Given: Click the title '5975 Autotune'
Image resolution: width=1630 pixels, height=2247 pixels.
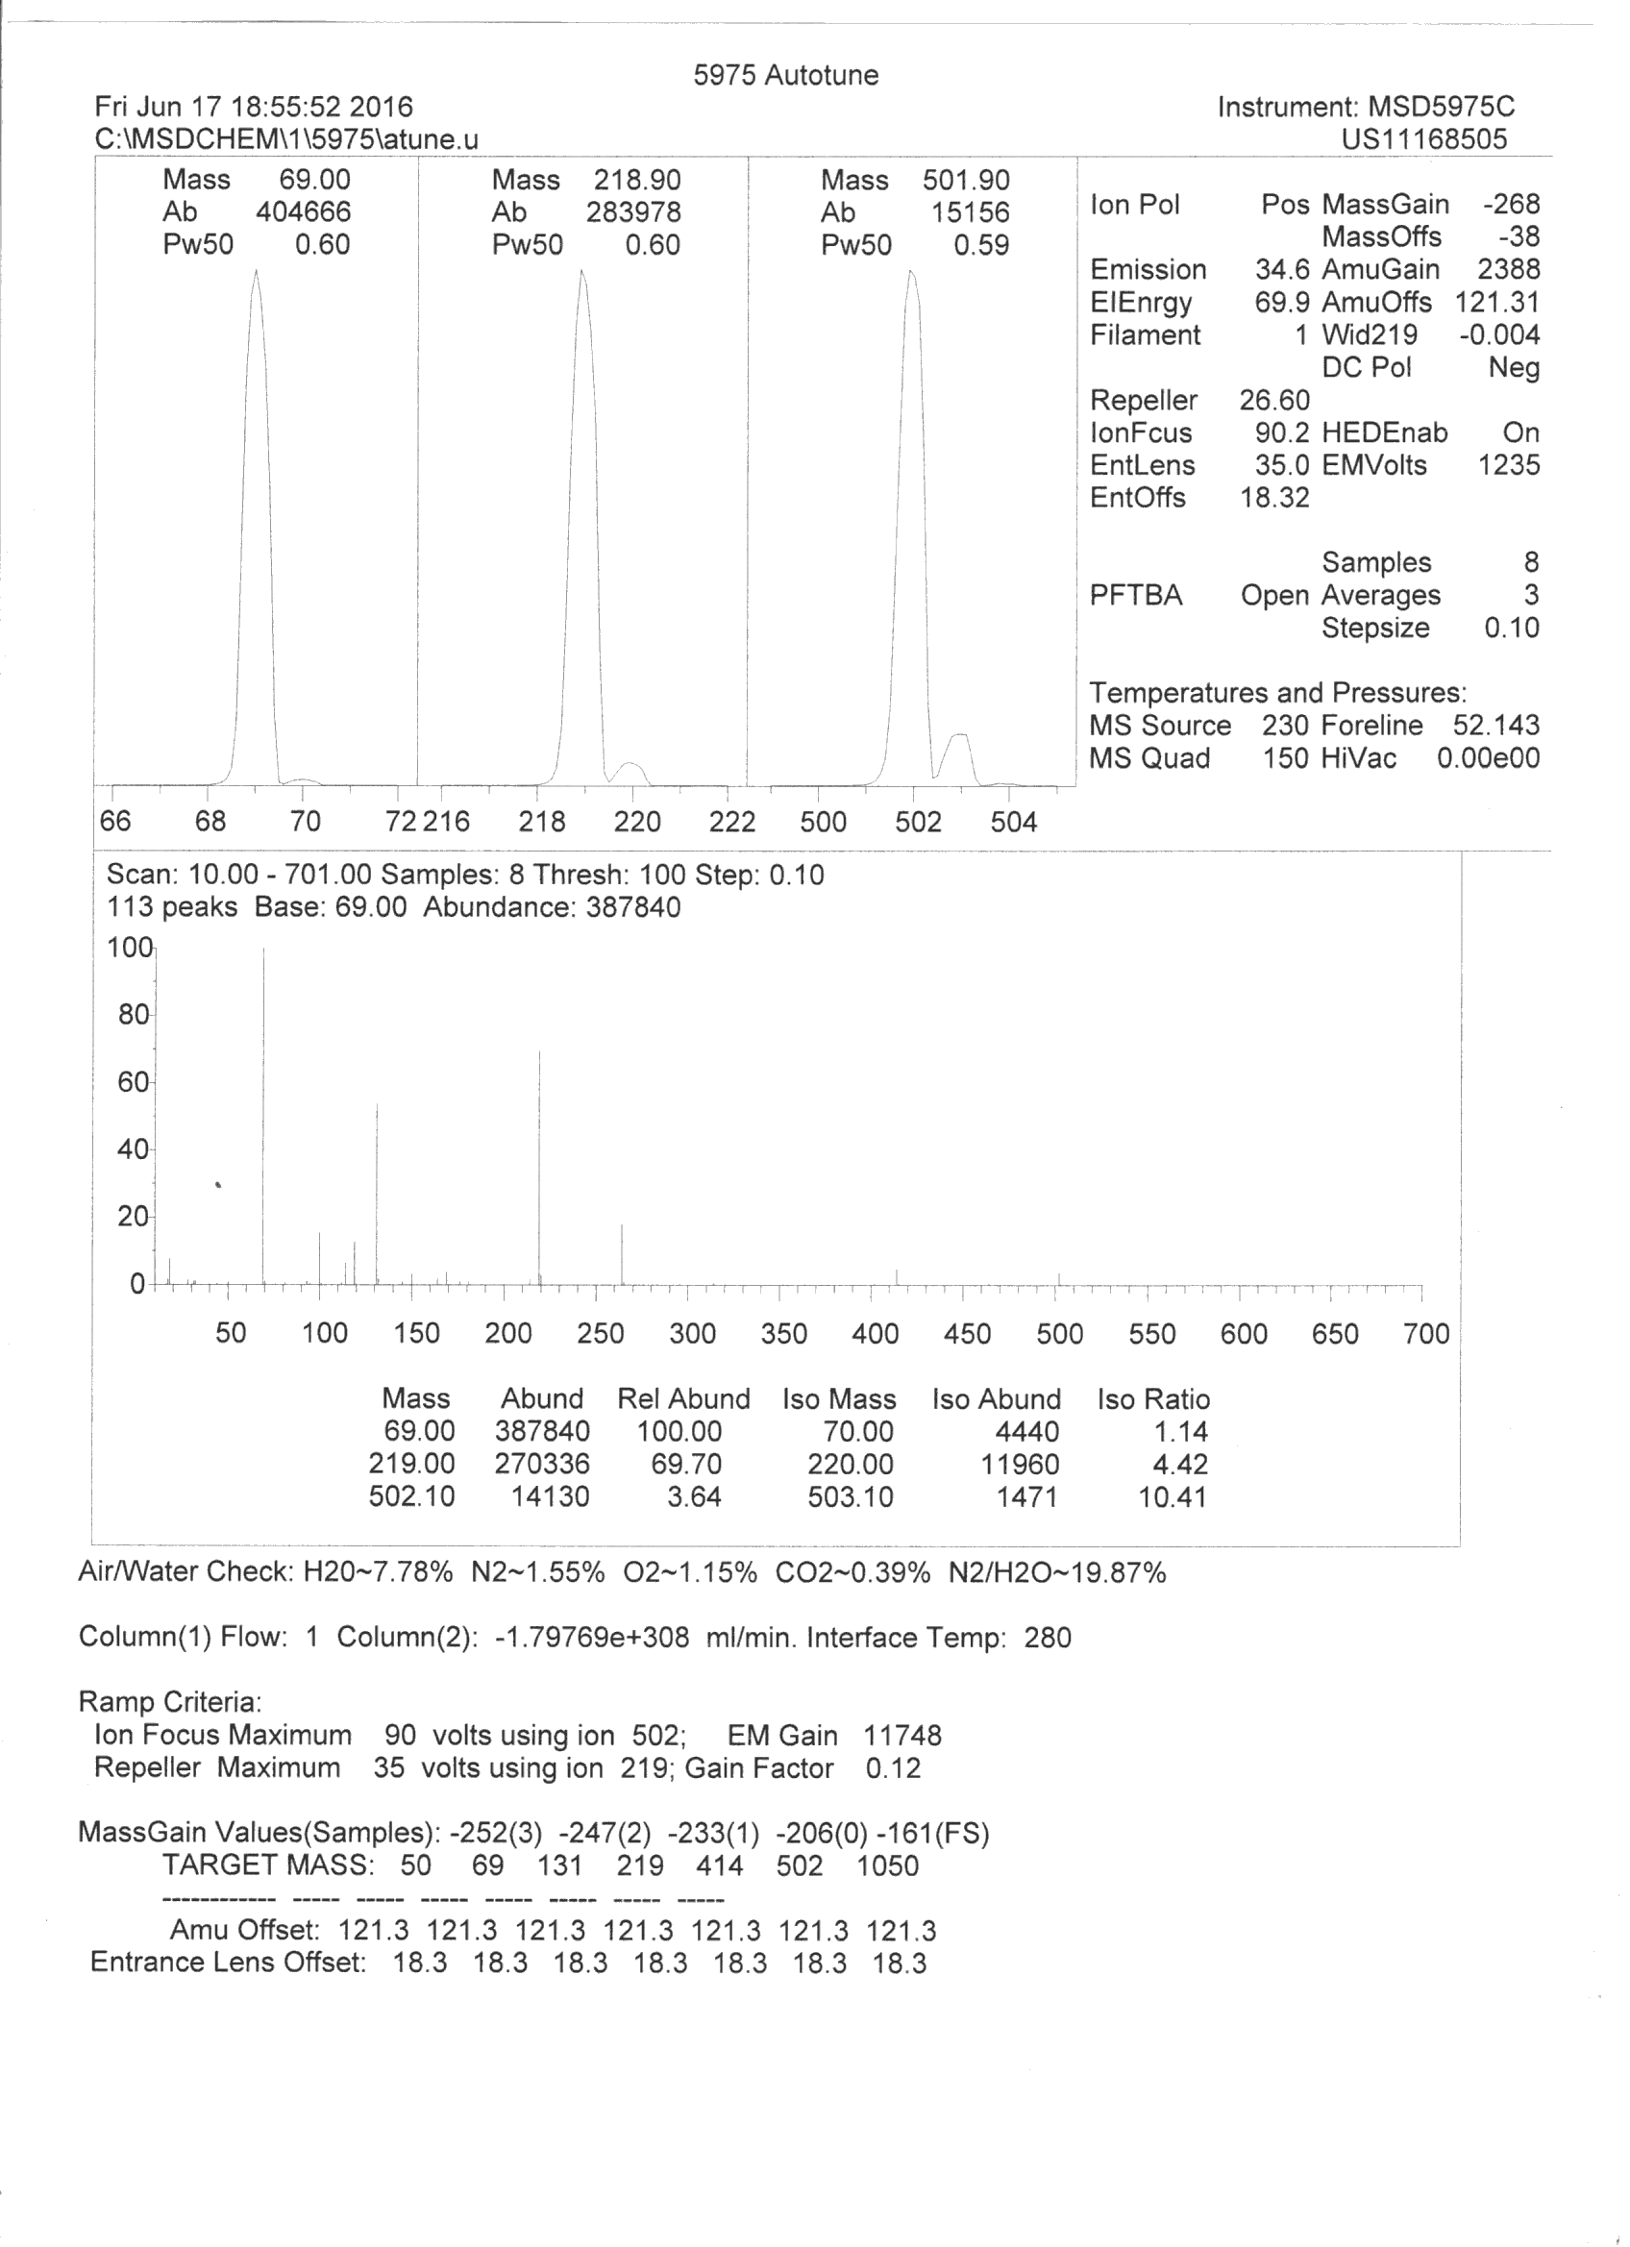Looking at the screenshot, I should tap(786, 75).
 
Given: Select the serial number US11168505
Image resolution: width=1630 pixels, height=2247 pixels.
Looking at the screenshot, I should tap(1424, 138).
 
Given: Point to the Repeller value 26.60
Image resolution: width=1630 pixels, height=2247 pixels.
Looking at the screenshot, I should tap(1274, 400).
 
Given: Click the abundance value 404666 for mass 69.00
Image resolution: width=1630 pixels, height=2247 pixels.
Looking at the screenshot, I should tap(303, 212).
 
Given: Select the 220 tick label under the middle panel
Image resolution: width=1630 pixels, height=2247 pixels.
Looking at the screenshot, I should tap(637, 822).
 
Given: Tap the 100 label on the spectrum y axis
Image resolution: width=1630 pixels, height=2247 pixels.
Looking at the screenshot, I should tap(129, 949).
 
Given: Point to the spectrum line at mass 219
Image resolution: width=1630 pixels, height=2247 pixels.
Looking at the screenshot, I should tap(539, 1169).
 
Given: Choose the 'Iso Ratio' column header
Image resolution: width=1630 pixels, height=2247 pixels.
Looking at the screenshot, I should tap(1153, 1399).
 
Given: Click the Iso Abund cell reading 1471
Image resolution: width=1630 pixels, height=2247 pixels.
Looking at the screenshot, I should tap(1026, 1496).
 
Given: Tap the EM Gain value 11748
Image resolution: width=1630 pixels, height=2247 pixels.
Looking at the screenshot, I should tap(901, 1736).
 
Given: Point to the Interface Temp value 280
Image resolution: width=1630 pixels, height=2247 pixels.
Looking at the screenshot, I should tap(1048, 1638).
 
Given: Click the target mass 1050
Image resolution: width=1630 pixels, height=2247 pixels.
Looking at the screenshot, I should tap(888, 1865).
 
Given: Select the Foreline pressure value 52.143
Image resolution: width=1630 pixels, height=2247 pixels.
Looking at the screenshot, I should tap(1496, 726).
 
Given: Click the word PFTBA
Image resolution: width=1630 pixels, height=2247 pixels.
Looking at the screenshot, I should tap(1136, 596).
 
